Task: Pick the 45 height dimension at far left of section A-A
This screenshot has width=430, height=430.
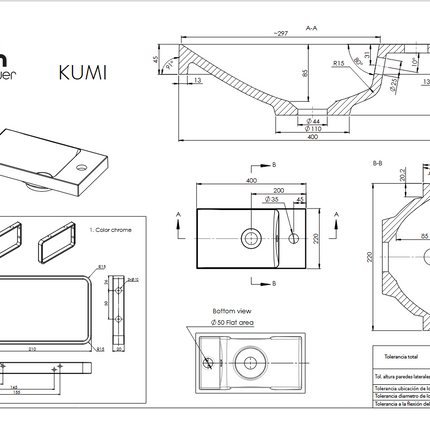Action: point(156,60)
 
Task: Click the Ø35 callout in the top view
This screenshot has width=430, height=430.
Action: point(270,200)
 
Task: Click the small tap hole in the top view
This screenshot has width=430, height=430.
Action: point(293,237)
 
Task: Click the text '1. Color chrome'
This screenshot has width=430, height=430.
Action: point(109,229)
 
